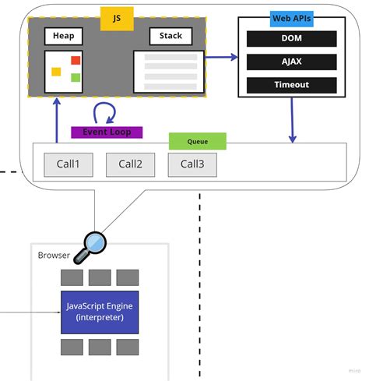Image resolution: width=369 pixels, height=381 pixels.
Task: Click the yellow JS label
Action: (x=117, y=16)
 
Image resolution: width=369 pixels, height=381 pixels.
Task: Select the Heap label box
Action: (x=63, y=36)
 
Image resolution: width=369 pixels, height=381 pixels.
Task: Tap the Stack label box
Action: (x=170, y=36)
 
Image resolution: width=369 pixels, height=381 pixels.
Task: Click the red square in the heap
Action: (x=76, y=61)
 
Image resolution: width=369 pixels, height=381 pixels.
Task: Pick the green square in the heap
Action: (x=76, y=76)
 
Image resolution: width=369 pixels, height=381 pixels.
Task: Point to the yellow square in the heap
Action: (x=56, y=72)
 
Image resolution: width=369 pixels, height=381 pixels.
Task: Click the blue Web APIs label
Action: (x=292, y=18)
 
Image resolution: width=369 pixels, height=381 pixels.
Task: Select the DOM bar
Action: (x=291, y=39)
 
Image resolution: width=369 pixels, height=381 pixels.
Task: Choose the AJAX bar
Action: (x=291, y=62)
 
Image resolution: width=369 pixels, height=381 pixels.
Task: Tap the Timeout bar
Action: (x=291, y=84)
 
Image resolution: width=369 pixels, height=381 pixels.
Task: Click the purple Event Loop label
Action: (x=107, y=132)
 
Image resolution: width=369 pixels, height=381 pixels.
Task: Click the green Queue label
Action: (x=198, y=142)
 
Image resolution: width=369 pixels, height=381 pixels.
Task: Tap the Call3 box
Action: (x=192, y=164)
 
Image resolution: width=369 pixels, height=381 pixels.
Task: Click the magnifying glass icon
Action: (x=93, y=243)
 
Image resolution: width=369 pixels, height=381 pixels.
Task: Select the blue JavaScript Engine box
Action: (x=100, y=312)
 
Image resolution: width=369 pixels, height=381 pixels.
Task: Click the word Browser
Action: (x=54, y=256)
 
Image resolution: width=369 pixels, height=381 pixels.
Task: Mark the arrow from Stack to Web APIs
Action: (x=221, y=57)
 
